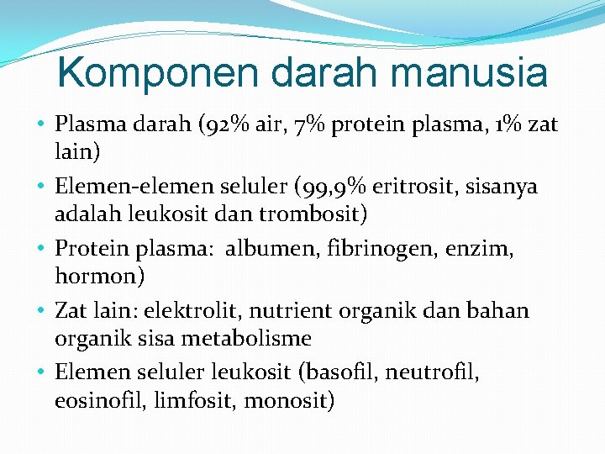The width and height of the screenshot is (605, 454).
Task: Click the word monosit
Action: coord(287,401)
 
